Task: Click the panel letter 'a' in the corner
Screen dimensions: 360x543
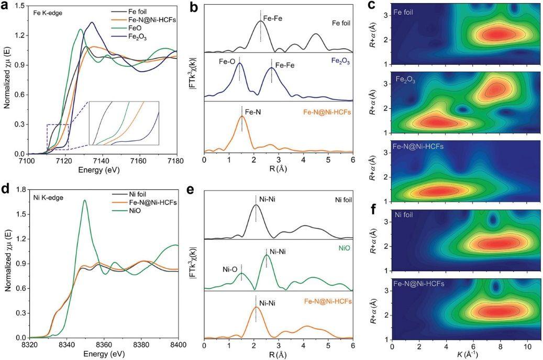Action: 7,6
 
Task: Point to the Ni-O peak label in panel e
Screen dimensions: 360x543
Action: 230,269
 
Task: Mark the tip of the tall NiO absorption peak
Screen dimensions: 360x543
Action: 84,200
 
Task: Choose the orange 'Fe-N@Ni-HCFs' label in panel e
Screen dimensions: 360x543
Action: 327,301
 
